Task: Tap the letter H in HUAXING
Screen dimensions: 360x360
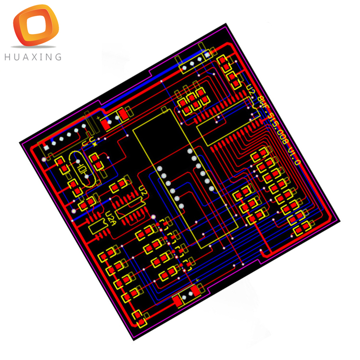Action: point(7,57)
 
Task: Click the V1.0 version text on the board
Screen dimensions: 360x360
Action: point(293,156)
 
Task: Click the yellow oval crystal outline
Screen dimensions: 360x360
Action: point(82,170)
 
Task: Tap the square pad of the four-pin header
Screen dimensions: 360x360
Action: point(208,54)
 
